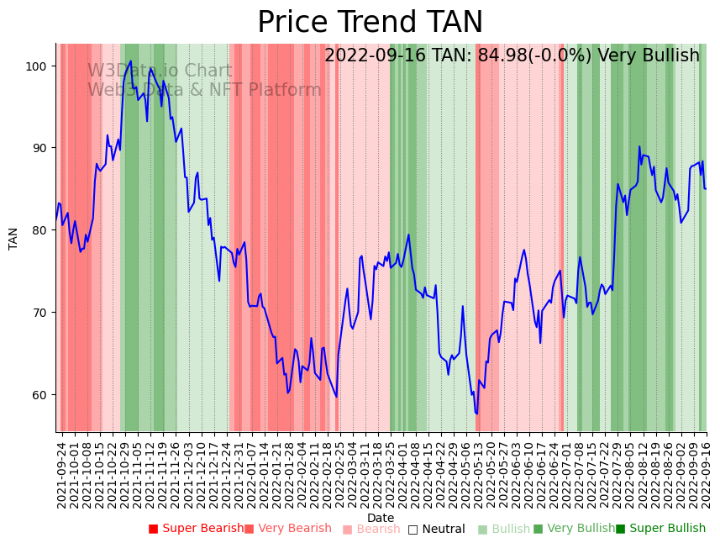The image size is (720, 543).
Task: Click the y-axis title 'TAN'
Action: point(13,238)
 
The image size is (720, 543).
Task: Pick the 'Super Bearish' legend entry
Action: point(195,529)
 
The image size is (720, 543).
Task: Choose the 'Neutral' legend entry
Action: point(437,530)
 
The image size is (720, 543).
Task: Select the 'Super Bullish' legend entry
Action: point(661,529)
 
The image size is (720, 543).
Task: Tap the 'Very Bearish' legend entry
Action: point(288,529)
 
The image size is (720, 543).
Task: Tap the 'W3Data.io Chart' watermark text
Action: point(160,71)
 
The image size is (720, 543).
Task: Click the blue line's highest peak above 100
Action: point(131,61)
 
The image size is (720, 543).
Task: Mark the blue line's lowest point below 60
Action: point(476,414)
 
